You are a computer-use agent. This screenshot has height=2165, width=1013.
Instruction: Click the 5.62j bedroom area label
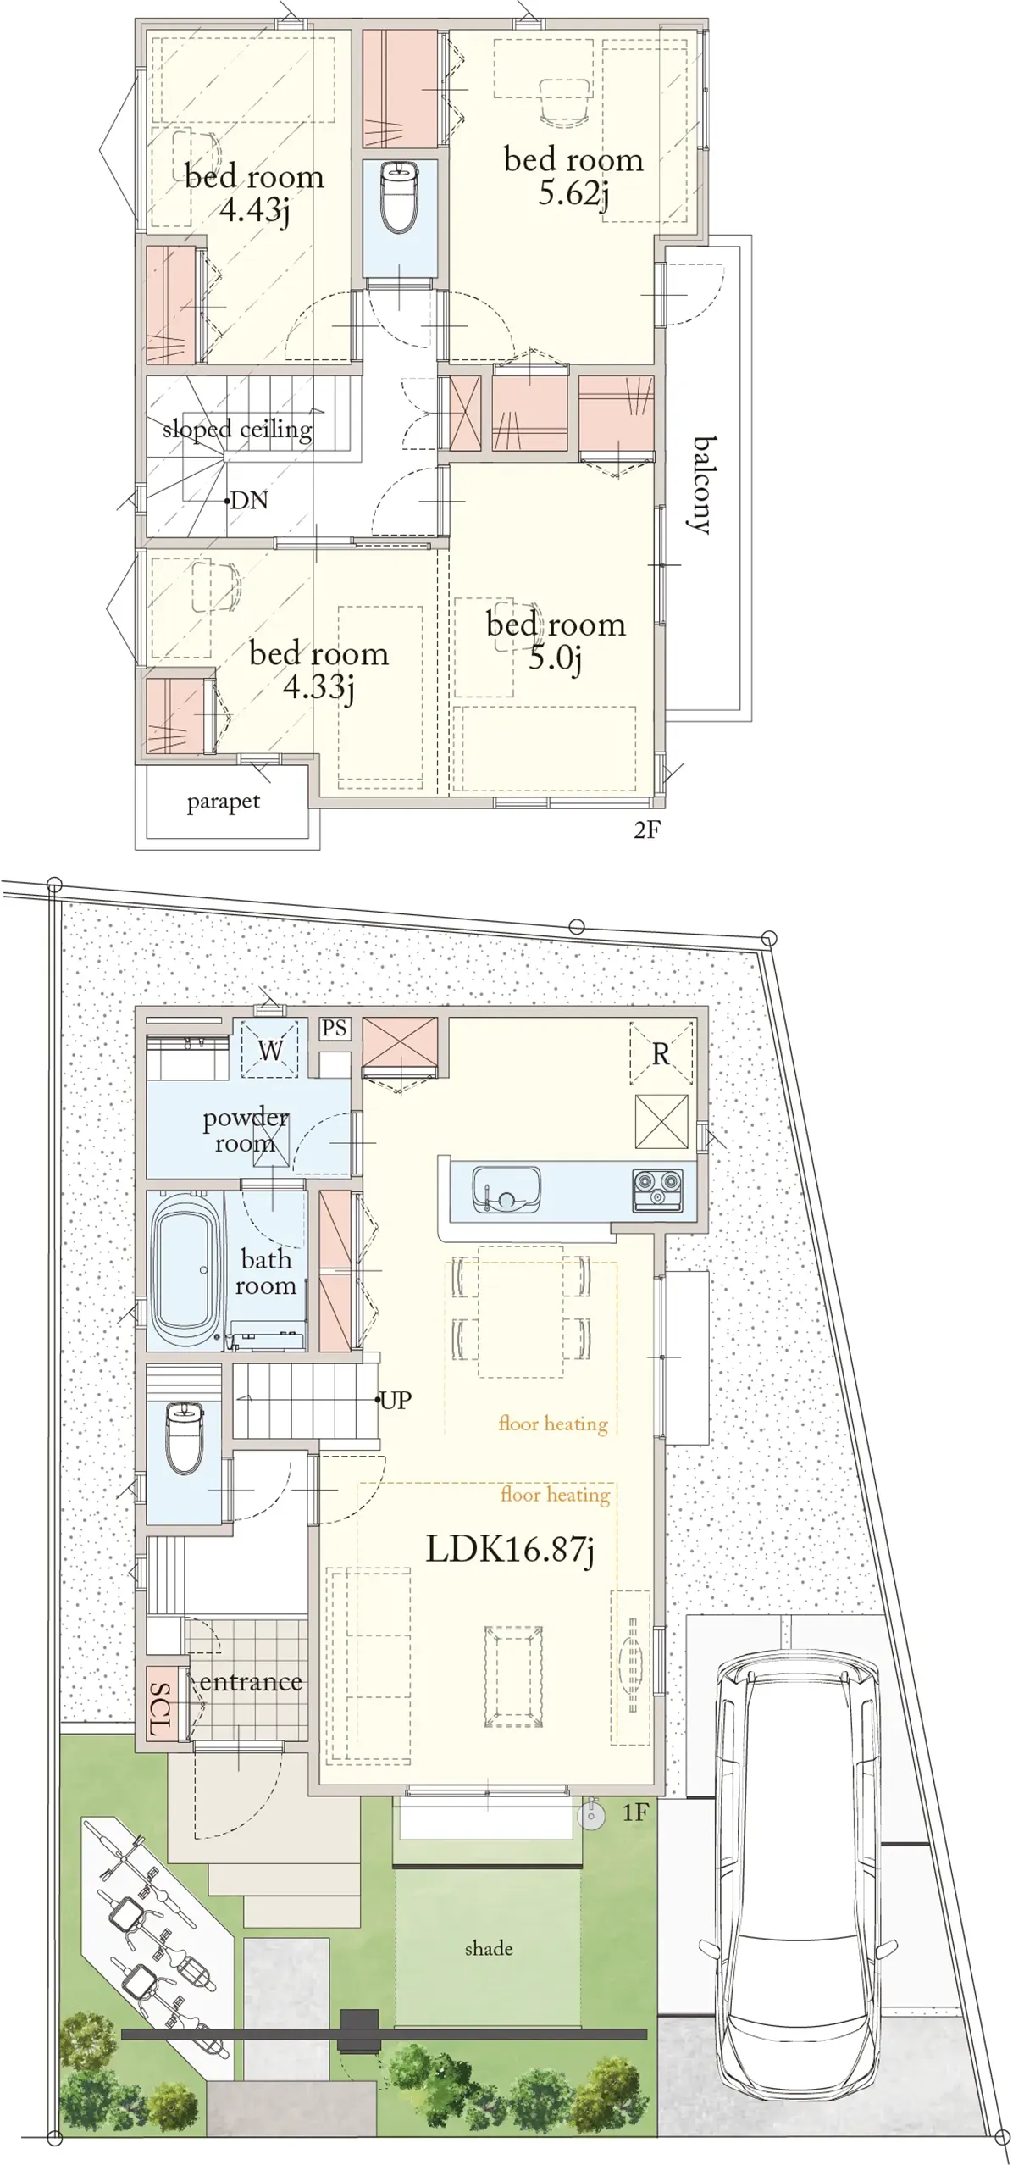pos(573,193)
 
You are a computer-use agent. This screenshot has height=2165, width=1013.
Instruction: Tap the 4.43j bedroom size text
pos(254,209)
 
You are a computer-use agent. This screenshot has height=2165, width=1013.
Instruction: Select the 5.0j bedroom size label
pos(555,657)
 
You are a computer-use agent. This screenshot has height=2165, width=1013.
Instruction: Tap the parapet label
pos(224,802)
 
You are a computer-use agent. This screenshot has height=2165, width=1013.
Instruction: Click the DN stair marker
pos(248,500)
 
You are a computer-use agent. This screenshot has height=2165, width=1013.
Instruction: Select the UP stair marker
pos(394,1400)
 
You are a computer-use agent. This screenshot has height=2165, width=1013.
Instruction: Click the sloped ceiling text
pos(237,430)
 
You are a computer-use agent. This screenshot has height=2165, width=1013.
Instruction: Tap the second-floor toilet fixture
pos(399,197)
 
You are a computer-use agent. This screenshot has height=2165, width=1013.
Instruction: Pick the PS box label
pos(335,1028)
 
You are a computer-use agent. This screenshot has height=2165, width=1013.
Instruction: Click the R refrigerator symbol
pos(661,1054)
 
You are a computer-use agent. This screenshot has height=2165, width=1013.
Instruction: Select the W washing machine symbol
pos(270,1050)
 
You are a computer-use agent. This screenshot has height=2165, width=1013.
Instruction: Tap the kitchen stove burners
pos(658,1190)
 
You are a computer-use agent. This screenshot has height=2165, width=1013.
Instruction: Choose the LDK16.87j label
pos(510,1549)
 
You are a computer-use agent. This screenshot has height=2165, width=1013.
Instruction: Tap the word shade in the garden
pos(489,1948)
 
